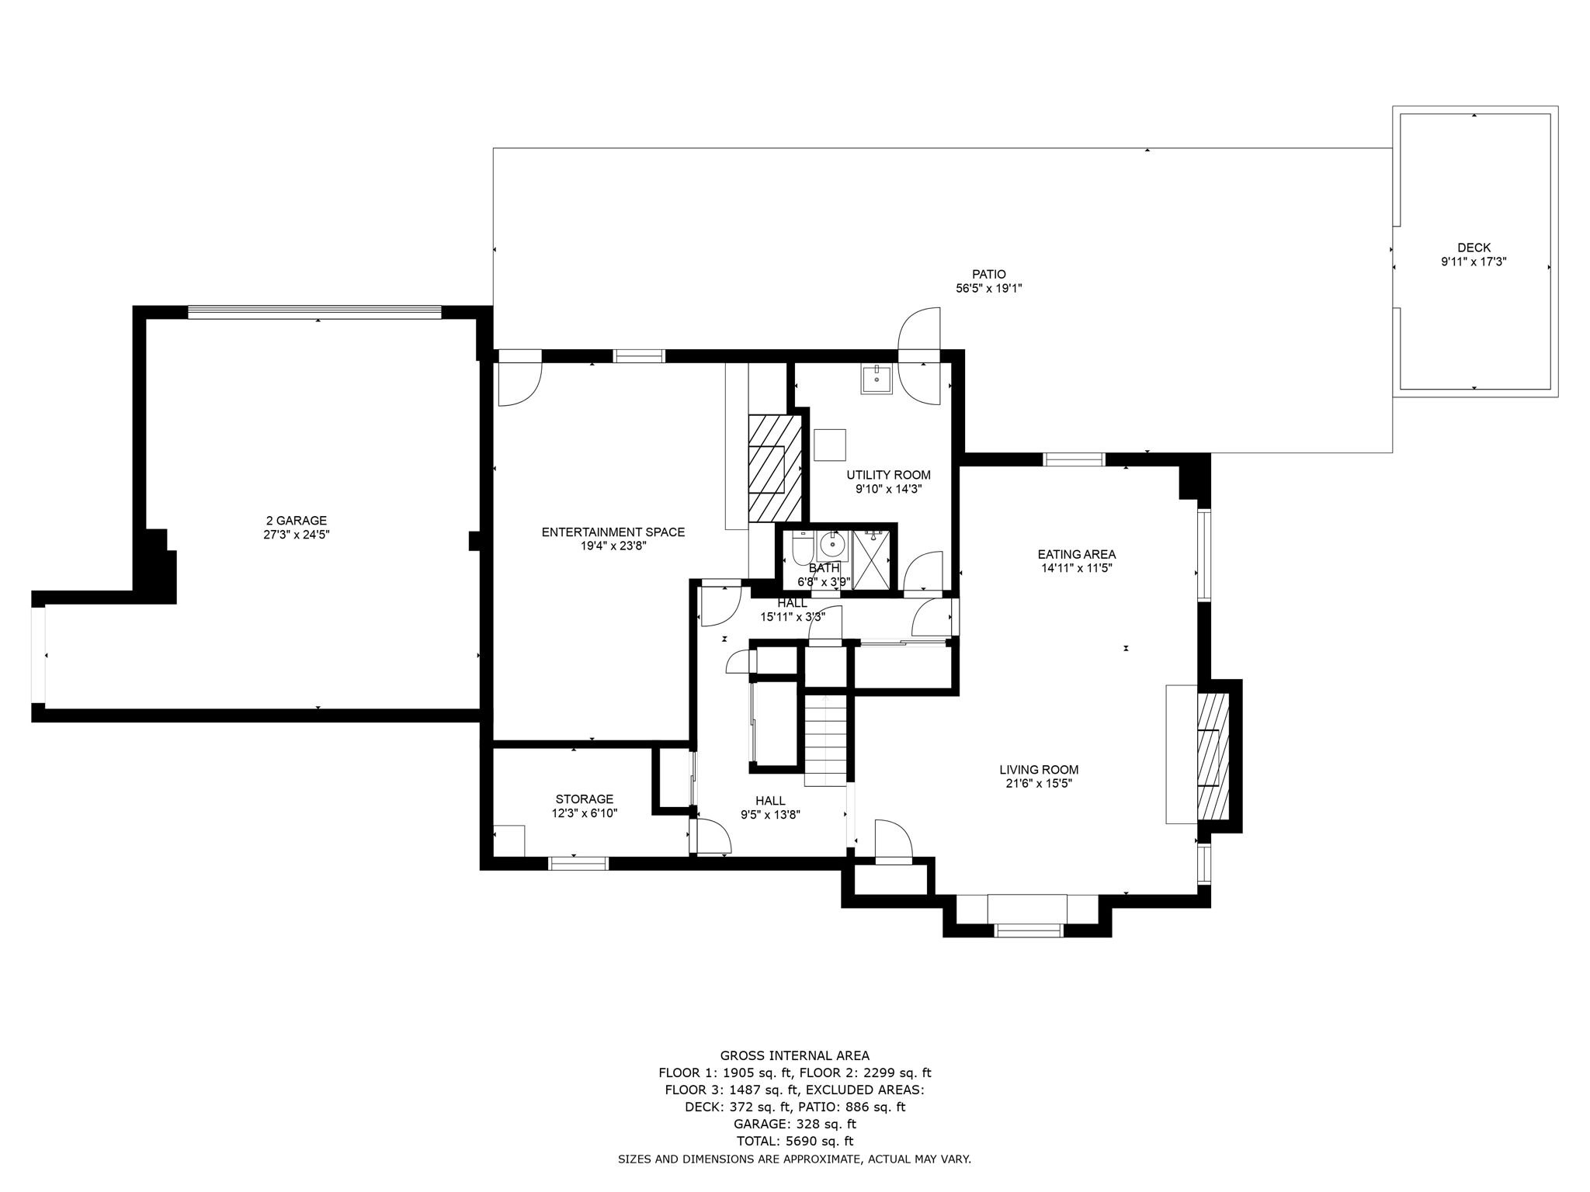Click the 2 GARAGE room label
coord(297,521)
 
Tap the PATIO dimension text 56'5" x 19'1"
coord(988,288)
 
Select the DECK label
coord(1474,248)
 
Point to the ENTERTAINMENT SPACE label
coord(613,532)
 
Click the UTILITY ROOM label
coord(888,475)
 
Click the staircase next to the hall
coord(825,740)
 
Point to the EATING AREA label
coord(1076,554)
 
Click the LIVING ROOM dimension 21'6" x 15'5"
coord(1039,784)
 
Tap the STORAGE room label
coord(584,799)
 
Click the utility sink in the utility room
coord(877,380)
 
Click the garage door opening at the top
coord(314,312)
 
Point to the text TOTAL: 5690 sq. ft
coord(794,1141)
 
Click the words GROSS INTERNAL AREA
coord(794,1055)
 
